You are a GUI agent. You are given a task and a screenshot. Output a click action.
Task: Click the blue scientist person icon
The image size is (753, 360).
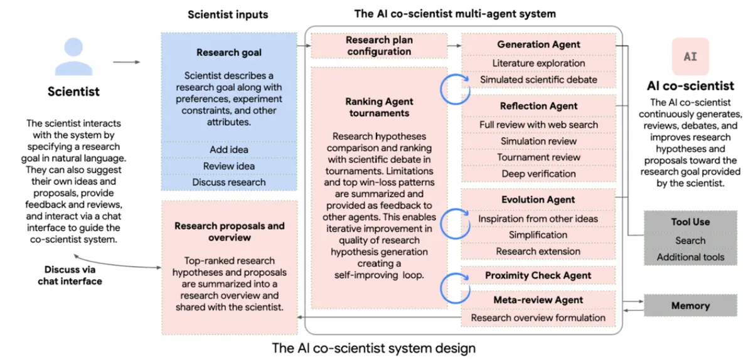click(73, 56)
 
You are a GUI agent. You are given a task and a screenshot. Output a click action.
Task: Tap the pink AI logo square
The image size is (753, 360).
click(690, 56)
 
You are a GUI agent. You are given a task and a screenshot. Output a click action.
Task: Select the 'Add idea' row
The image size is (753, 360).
click(229, 149)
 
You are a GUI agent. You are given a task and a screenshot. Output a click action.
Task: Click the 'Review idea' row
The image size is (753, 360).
click(229, 166)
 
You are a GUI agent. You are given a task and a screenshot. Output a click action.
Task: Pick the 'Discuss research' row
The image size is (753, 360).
click(229, 182)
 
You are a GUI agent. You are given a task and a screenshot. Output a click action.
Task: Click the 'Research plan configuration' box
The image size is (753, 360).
click(379, 46)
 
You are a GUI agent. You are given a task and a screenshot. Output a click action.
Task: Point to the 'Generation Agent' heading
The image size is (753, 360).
click(538, 45)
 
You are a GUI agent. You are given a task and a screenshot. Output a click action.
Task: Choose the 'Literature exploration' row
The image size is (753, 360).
click(538, 63)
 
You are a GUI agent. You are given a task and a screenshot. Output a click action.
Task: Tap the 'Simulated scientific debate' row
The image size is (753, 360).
click(538, 80)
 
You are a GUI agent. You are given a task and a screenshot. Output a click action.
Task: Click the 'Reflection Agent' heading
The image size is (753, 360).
click(538, 106)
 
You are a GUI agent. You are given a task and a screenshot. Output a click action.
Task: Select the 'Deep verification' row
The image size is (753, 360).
click(538, 174)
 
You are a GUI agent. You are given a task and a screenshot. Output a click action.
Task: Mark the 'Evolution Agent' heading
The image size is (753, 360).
click(538, 199)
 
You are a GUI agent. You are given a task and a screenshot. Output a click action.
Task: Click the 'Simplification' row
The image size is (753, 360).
click(538, 235)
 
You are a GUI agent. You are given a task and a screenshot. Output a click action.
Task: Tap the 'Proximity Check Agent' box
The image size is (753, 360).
click(538, 275)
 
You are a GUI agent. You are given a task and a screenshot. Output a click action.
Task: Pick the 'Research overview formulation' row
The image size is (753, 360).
click(538, 317)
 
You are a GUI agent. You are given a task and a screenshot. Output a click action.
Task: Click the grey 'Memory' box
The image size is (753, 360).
click(690, 305)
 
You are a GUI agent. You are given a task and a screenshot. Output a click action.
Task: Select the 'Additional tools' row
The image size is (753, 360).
click(690, 257)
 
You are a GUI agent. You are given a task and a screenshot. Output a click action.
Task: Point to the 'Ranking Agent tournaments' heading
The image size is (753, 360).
click(379, 107)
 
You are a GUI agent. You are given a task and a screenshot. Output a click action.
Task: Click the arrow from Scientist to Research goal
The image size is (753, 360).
click(126, 62)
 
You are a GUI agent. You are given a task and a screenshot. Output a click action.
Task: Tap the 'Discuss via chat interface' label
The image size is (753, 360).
click(70, 275)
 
